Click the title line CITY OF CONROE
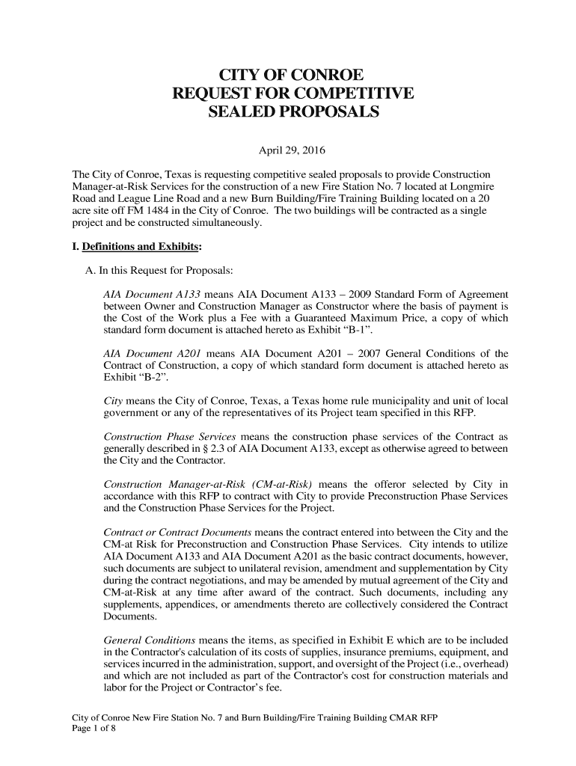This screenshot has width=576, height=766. pyautogui.click(x=290, y=76)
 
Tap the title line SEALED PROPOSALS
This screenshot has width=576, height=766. pyautogui.click(x=292, y=113)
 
